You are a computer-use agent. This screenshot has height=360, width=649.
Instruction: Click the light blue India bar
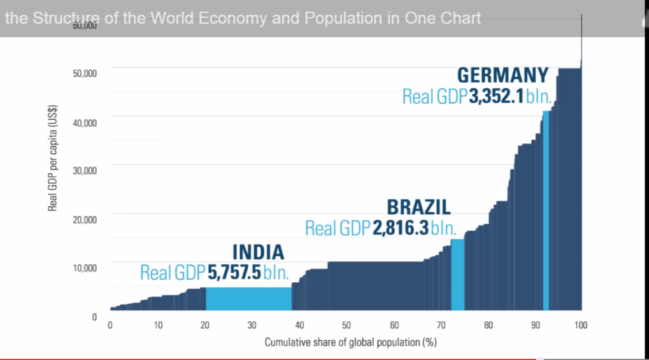pos(248,298)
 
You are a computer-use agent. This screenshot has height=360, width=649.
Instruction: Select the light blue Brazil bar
pos(457,274)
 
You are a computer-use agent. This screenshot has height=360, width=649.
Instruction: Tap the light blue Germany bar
pos(546,210)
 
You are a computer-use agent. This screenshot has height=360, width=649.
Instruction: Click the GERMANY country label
pos(503,75)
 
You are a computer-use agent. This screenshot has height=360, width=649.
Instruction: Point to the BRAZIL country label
pos(418,207)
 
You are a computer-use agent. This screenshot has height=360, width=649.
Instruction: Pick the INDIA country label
pos(258,252)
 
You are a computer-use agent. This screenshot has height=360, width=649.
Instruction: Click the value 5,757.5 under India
pos(234,273)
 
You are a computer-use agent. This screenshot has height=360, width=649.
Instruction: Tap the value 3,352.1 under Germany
pos(497,97)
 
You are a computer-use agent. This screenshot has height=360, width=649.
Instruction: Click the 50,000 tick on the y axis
pos(84,73)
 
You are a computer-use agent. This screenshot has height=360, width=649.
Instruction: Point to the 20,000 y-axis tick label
pos(84,220)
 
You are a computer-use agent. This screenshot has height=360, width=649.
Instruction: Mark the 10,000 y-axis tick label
pos(84,268)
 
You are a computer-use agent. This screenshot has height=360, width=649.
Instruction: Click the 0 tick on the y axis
pos(94,317)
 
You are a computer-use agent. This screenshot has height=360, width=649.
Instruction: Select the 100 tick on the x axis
pos(580,326)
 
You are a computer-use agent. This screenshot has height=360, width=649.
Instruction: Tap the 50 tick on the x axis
pos(346,326)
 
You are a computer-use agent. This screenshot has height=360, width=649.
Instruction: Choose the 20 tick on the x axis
pos(204,326)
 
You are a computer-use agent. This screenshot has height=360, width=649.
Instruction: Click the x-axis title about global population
pos(350,342)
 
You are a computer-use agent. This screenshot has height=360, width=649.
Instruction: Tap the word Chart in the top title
pos(460,18)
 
